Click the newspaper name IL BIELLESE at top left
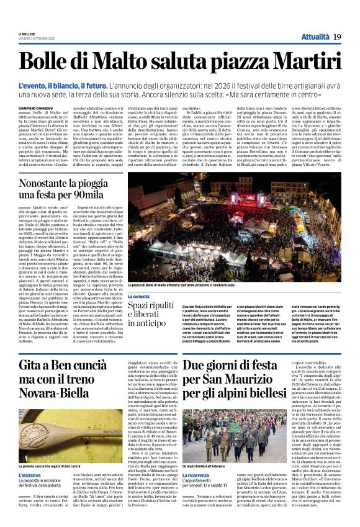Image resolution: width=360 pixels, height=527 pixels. tap(29, 34)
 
